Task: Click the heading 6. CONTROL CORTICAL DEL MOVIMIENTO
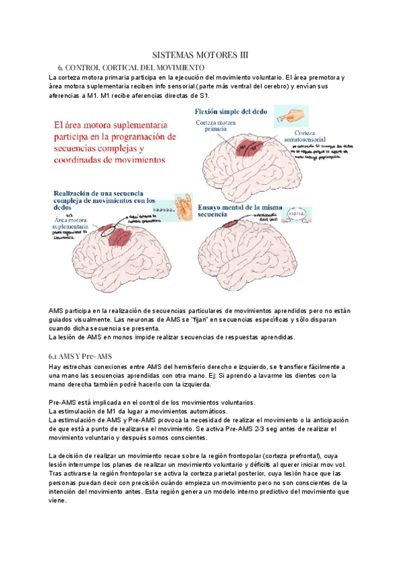[x=131, y=68]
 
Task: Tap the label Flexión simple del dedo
[x=232, y=111]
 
